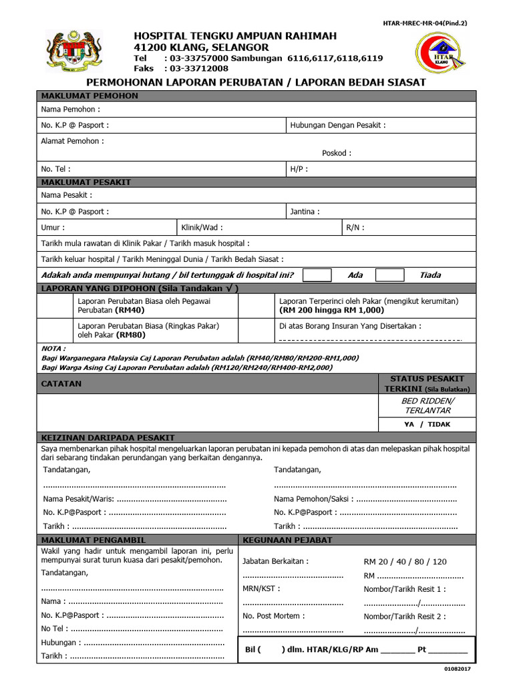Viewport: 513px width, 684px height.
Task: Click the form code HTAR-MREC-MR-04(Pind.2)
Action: (425, 23)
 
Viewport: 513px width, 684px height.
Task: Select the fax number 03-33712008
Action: (198, 68)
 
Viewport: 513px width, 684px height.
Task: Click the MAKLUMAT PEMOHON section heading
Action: (90, 96)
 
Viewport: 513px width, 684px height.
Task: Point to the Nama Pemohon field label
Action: (71, 109)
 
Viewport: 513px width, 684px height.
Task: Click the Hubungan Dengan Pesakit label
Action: (337, 125)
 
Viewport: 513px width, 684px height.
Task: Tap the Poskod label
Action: (336, 153)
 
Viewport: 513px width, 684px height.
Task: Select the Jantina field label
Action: (305, 212)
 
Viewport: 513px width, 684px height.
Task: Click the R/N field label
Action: (355, 228)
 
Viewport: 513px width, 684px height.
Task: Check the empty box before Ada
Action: (317, 275)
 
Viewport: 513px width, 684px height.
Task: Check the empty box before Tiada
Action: (389, 275)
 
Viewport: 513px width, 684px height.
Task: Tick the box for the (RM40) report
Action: (53, 306)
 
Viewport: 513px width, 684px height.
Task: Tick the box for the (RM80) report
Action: (53, 331)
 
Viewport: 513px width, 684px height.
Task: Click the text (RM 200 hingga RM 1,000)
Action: (331, 310)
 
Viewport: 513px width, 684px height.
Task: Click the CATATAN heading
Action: (61, 384)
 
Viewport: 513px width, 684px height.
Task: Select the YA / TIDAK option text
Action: (427, 424)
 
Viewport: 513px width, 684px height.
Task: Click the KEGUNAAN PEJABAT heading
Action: (287, 540)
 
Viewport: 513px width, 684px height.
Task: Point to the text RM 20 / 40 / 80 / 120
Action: (405, 562)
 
